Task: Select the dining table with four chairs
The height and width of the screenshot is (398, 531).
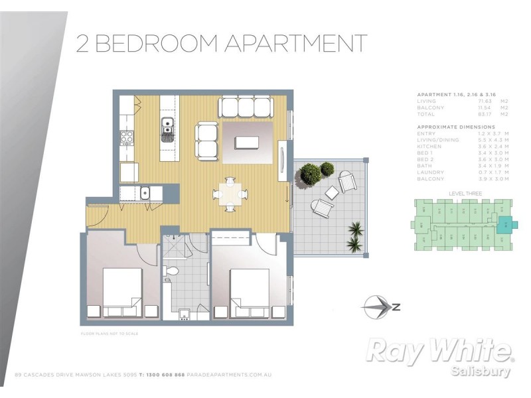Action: click(x=229, y=194)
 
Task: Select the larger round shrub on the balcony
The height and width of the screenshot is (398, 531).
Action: click(x=310, y=175)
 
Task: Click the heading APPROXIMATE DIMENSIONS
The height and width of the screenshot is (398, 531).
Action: click(x=456, y=126)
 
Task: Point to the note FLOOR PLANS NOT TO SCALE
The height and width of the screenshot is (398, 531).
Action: click(x=110, y=333)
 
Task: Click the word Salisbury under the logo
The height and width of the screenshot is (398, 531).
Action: click(x=483, y=371)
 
